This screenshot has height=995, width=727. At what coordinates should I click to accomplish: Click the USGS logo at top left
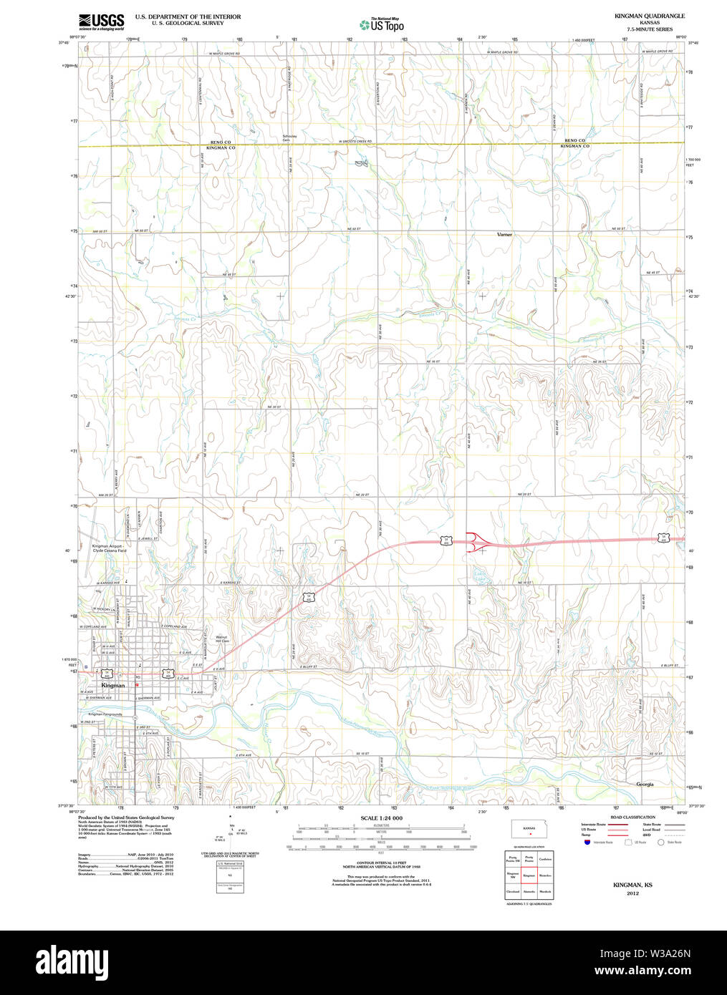click(101, 21)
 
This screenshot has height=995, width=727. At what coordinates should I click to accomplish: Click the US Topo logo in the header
click(382, 24)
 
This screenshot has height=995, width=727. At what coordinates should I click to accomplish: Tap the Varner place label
click(504, 235)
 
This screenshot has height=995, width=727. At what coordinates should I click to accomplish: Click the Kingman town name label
click(112, 685)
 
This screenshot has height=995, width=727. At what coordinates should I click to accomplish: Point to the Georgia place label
click(645, 785)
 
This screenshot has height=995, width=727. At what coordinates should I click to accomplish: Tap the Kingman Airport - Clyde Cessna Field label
click(109, 548)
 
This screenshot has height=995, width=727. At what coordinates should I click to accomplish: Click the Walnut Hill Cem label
click(222, 639)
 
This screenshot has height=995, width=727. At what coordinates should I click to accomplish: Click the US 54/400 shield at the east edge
click(663, 537)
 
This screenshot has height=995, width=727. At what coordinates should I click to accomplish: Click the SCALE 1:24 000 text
click(381, 818)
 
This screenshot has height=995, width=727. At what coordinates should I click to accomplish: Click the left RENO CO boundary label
click(221, 142)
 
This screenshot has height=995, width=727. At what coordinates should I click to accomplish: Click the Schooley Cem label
click(289, 137)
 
